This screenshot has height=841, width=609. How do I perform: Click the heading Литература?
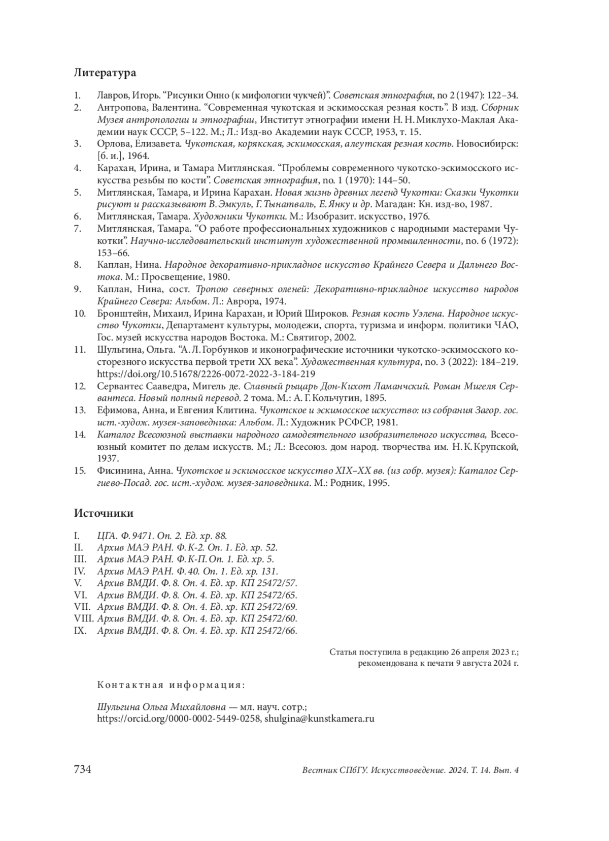point(105,73)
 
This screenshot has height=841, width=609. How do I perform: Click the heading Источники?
point(104,513)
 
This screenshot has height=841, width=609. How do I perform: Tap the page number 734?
point(83,770)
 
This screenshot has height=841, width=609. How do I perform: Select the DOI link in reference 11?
point(206,374)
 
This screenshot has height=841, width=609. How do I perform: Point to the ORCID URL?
point(179,719)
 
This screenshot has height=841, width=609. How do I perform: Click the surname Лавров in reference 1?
point(111,95)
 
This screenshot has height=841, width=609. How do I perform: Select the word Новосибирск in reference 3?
point(487,144)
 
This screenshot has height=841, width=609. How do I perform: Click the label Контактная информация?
point(171,685)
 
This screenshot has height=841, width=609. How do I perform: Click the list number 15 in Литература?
point(79,471)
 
